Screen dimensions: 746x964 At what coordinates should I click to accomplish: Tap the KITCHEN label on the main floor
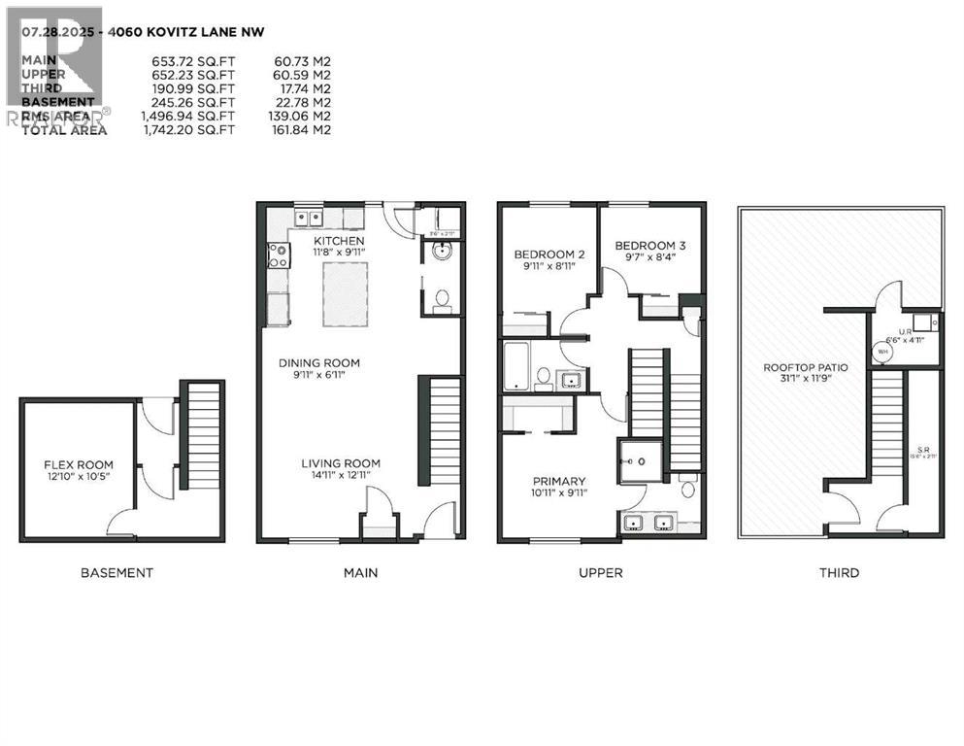click(339, 240)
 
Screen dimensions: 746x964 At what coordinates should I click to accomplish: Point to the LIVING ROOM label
click(340, 463)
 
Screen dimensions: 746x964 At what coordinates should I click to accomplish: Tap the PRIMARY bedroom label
click(558, 481)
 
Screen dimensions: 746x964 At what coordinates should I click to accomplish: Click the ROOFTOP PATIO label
click(806, 367)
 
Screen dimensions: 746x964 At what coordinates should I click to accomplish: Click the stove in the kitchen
click(277, 255)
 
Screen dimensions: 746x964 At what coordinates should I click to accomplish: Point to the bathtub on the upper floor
click(515, 365)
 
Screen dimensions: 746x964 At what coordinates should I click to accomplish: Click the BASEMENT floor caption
click(116, 573)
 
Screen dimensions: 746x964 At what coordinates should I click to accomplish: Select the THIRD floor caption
click(838, 573)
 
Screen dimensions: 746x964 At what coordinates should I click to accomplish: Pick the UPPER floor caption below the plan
click(600, 573)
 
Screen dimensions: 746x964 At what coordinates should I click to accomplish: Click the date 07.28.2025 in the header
click(53, 31)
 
